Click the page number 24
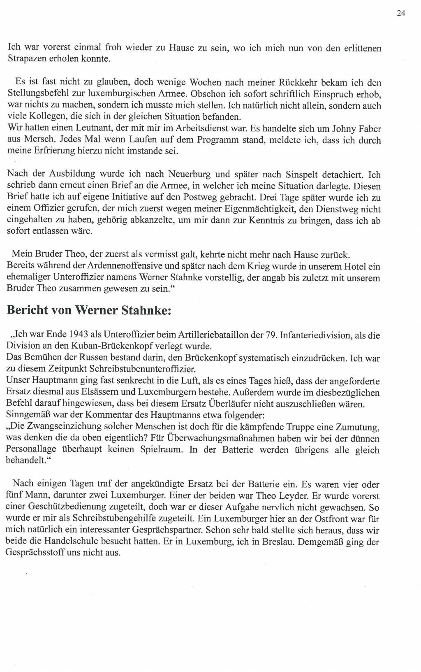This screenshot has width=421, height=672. (401, 13)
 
